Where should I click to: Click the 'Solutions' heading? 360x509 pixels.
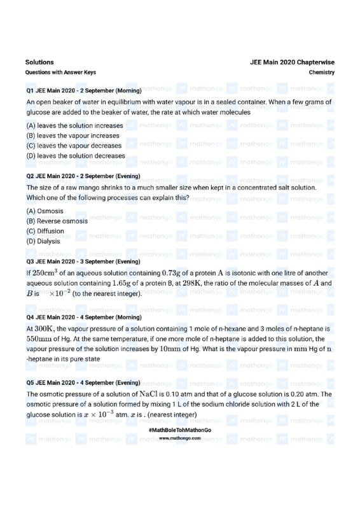click(39, 62)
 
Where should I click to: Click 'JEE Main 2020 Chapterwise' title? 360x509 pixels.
click(293, 62)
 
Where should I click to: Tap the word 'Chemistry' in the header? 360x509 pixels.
click(322, 73)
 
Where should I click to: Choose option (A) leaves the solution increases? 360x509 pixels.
click(74, 126)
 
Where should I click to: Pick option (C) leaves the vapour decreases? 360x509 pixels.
click(74, 146)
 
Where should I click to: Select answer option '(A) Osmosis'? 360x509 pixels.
click(45, 211)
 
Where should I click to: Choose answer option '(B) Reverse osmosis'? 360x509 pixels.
click(57, 221)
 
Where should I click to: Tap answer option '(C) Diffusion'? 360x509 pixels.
click(45, 231)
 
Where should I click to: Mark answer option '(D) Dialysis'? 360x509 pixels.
click(43, 241)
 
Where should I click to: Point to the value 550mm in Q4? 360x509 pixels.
click(38, 339)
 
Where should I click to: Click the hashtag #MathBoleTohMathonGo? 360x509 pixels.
click(179, 431)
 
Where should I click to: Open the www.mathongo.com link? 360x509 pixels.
click(179, 438)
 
